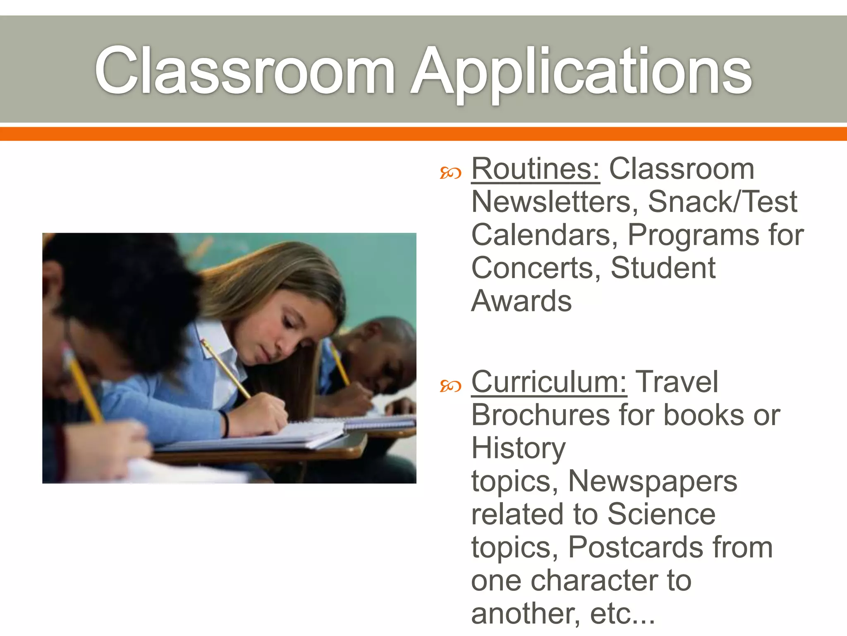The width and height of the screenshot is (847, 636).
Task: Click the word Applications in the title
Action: point(581,71)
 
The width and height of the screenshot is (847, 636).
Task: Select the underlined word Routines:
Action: point(535,169)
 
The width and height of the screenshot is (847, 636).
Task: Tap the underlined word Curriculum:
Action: point(549,382)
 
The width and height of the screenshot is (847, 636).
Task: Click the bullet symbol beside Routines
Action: point(450,173)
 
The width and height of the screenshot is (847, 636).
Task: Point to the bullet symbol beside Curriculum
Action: point(450,387)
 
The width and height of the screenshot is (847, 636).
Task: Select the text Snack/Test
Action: point(722,202)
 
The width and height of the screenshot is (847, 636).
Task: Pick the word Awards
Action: point(521,301)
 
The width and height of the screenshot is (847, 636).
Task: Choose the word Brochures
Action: point(540,415)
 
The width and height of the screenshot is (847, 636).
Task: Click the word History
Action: point(518,449)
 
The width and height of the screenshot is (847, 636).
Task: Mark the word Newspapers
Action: point(653,481)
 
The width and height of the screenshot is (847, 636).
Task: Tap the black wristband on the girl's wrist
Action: point(226,423)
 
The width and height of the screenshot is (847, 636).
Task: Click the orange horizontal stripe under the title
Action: point(423,134)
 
